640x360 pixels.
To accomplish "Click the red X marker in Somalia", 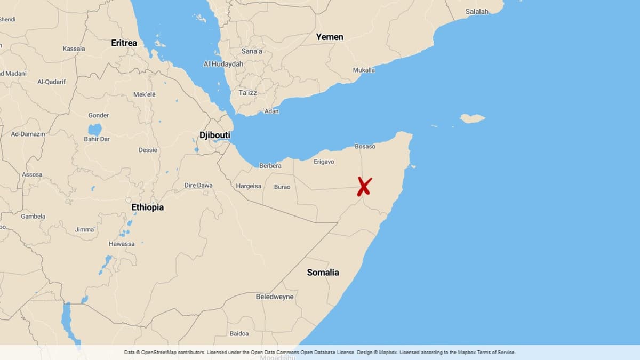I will point(364,187).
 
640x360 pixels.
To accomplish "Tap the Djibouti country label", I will point(215,135).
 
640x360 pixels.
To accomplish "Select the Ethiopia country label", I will point(148,207).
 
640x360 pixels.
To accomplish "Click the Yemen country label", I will point(330,37).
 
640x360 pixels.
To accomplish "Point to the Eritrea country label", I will point(124,43).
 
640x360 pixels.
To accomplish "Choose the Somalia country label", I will point(323,272).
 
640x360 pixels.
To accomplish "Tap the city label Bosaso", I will point(365,146).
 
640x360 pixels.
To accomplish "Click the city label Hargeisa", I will point(249,186).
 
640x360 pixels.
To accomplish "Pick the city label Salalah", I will point(477,11).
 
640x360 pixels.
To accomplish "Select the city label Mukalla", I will point(364,70).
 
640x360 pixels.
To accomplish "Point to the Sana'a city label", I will point(252,51).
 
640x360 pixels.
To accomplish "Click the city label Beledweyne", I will point(275,297).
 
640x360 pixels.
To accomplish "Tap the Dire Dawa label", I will point(198,185).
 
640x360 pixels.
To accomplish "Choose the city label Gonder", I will point(99,115).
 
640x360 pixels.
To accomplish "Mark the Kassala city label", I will point(74,49).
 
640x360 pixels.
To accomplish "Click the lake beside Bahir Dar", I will point(94,130).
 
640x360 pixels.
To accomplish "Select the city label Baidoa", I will point(239,333).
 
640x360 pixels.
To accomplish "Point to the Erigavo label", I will point(324,162).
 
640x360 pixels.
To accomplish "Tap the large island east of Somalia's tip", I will point(472,118).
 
